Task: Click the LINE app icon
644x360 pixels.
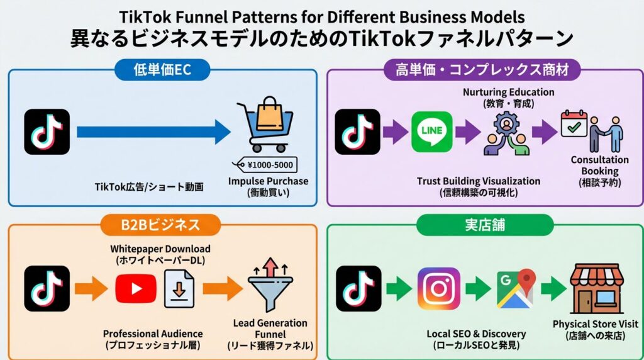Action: pyautogui.click(x=431, y=132)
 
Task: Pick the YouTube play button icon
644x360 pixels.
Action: pyautogui.click(x=136, y=289)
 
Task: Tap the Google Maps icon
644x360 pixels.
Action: pyautogui.click(x=515, y=289)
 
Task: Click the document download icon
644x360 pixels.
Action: pyautogui.click(x=179, y=289)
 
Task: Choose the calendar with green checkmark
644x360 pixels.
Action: pyautogui.click(x=574, y=125)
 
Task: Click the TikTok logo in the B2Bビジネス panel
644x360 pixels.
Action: pyautogui.click(x=47, y=289)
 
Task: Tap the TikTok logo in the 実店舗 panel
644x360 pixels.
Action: pyautogui.click(x=358, y=289)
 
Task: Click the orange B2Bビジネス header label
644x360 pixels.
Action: pyautogui.click(x=160, y=225)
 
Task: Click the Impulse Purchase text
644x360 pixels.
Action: pyautogui.click(x=269, y=181)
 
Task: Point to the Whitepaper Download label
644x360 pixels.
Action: pyautogui.click(x=160, y=249)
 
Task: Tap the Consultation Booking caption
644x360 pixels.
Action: pyautogui.click(x=599, y=166)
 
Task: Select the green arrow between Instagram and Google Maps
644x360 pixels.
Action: pyautogui.click(x=477, y=289)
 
